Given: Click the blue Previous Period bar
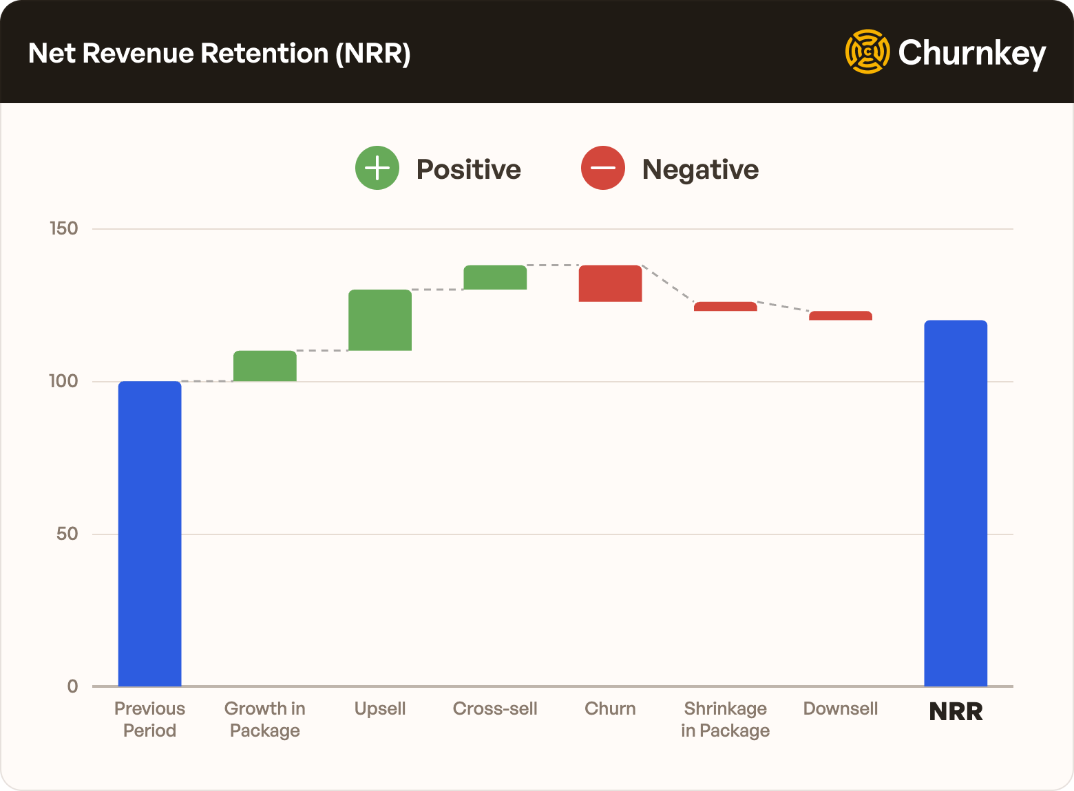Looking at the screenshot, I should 149,533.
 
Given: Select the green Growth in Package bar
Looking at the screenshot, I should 264,366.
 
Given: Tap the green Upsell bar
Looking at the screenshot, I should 379,320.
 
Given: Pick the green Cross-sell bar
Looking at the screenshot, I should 495,277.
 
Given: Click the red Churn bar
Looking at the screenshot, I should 610,283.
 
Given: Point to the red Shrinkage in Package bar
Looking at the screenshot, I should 725,307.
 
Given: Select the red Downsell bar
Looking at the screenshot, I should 840,316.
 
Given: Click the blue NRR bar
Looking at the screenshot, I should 955,503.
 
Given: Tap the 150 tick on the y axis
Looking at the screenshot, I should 64,228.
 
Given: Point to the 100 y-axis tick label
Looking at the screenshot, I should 63,381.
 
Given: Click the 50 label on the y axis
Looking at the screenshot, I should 67,534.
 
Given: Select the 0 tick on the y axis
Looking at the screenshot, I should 72,686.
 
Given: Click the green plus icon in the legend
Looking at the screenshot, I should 377,169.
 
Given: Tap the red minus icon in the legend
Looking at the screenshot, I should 602,169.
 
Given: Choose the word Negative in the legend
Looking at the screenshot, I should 699,169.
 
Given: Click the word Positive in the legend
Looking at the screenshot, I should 468,169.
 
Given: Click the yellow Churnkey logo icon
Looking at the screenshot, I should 867,52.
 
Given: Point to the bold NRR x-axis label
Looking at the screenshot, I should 956,711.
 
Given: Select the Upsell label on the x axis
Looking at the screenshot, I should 380,708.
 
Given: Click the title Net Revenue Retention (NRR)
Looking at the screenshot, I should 219,53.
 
